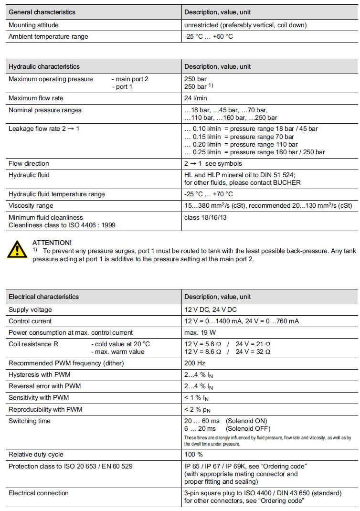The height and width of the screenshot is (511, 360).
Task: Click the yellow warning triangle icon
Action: pyautogui.click(x=17, y=250)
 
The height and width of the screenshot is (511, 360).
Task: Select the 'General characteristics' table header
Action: pyautogui.click(x=42, y=12)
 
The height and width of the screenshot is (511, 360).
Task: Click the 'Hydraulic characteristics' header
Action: pyautogui.click(x=44, y=66)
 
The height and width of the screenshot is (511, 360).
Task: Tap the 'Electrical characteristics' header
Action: pyautogui.click(x=43, y=297)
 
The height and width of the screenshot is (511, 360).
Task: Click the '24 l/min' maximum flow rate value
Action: pyautogui.click(x=195, y=98)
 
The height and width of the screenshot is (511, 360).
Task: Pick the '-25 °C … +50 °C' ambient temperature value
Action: pyautogui.click(x=209, y=36)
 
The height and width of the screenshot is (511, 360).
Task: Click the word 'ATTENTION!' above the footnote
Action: pyautogui.click(x=52, y=243)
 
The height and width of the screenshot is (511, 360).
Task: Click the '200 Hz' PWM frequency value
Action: pyautogui.click(x=195, y=363)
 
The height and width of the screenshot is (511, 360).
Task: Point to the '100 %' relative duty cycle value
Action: pyautogui.click(x=194, y=454)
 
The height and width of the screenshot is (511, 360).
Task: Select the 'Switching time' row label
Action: pyautogui.click(x=30, y=421)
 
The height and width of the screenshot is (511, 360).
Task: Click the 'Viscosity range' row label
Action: pyautogui.click(x=31, y=206)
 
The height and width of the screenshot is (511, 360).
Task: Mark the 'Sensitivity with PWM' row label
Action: pyautogui.click(x=39, y=397)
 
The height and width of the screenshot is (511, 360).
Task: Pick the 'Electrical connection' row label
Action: pyautogui.click(x=39, y=493)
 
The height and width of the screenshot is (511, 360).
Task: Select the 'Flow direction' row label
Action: pyautogui.click(x=29, y=163)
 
